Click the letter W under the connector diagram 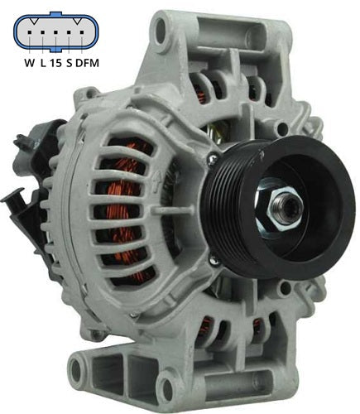[x=29, y=62]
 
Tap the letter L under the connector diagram [x=47, y=62]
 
